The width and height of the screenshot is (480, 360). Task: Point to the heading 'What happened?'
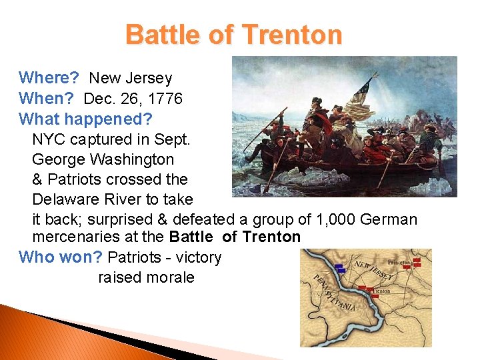click(86, 119)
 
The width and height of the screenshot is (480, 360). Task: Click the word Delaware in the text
click(63, 199)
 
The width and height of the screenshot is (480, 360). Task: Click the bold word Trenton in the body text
click(271, 237)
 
